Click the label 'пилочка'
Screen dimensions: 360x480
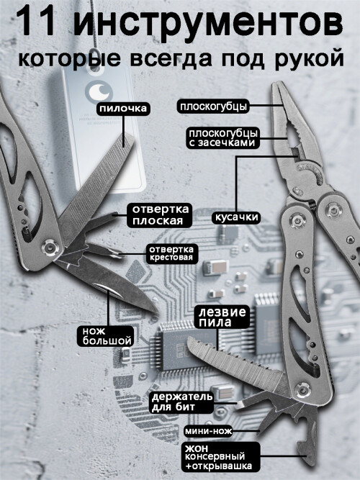coord(123,109)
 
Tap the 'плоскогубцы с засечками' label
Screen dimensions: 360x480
coord(223,138)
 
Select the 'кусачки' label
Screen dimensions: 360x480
coord(236,217)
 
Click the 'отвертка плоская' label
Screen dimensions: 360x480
coord(158,215)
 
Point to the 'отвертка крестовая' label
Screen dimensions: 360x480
coord(171,253)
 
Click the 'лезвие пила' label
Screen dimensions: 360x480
coord(222,317)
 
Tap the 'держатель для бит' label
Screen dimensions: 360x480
coord(182,402)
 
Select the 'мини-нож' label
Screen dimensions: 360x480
coord(208,431)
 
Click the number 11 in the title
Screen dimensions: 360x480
coord(36,22)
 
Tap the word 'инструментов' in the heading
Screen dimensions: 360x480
coord(208,22)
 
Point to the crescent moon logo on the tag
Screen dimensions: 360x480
coord(99,91)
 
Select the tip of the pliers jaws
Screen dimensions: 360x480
coord(276,84)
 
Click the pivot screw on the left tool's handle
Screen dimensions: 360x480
coord(49,246)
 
